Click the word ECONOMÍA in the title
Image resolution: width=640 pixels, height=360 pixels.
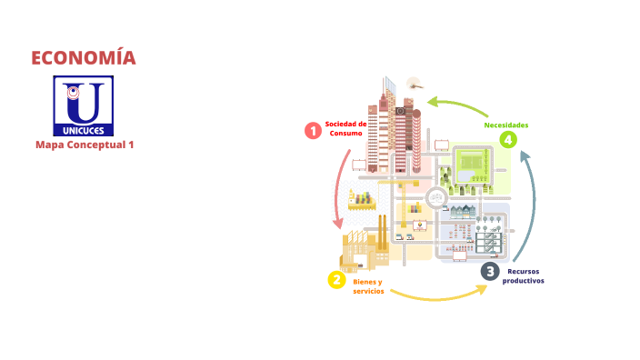coord(84,58)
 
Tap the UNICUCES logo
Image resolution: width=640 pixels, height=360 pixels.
coord(84,105)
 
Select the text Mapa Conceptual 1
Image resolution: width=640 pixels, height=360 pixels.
coord(84,145)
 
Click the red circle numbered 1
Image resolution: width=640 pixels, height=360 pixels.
coord(313,131)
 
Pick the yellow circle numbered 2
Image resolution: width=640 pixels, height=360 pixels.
coord(336,280)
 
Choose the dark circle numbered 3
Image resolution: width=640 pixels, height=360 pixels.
coord(490,270)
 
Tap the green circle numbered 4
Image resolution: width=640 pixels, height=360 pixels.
coord(507,139)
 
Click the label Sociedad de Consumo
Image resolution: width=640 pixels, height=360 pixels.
coord(346,128)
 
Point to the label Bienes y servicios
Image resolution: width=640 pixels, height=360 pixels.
coord(367,286)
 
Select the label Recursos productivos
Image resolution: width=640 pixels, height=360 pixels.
coord(525,276)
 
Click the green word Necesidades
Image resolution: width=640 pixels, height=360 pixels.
coord(506,125)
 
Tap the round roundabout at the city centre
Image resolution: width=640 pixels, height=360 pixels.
coord(438,196)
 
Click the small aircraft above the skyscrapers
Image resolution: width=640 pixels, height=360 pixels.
coord(414,82)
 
